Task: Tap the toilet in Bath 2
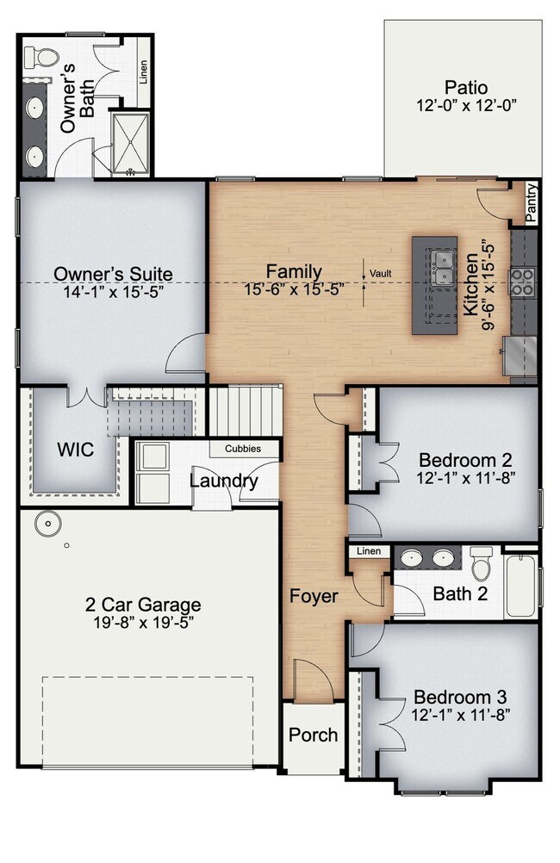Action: (482, 563)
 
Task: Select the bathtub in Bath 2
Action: (521, 586)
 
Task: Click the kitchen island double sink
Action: (443, 268)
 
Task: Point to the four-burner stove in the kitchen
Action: (522, 281)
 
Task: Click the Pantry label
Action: (531, 203)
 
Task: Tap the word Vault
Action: (381, 273)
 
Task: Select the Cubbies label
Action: (243, 449)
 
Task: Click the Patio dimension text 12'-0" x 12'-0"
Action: (466, 105)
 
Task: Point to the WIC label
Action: (76, 450)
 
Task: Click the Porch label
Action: (313, 735)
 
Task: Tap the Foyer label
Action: (314, 596)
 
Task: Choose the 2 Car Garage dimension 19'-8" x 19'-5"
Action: (143, 622)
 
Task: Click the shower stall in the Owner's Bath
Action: (130, 144)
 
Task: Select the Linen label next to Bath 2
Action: (369, 551)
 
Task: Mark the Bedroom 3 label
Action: (460, 698)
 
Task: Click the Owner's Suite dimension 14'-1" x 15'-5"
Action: (114, 291)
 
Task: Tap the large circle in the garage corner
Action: (47, 524)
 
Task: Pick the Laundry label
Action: (223, 481)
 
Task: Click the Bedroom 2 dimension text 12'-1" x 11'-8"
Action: (465, 477)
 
